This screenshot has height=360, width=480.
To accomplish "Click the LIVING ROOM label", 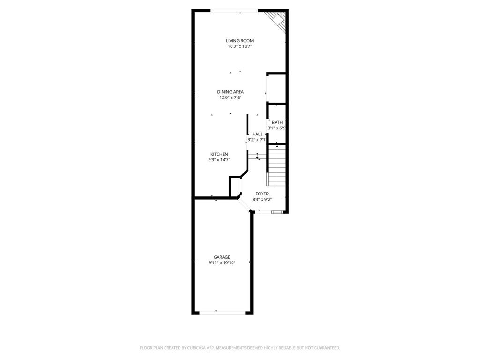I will coord(240,41).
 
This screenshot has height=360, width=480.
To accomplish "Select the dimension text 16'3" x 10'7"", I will coord(240,46).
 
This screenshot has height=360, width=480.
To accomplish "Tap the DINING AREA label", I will coord(230,92).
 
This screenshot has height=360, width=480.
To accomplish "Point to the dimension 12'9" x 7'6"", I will coord(230,97).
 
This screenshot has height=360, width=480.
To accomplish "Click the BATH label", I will coord(277,122).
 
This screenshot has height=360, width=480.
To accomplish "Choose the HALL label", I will coord(257,134).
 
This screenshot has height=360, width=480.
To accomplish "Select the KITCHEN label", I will coord(219,154).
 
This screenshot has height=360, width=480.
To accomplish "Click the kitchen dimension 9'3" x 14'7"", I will coord(219,160).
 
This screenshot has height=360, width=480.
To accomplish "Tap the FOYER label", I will coord(262,194).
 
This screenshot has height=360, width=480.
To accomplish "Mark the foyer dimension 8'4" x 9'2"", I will coord(262,199).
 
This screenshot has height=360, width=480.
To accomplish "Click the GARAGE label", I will coord(222,257).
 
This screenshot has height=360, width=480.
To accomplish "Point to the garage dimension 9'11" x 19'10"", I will coord(222,263).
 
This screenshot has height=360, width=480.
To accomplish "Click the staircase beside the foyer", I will coord(277,165).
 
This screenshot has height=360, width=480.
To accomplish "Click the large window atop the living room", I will coord(233,11).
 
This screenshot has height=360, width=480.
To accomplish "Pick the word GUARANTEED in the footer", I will coord(326,348).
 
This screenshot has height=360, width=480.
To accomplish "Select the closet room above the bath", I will coord(277,88).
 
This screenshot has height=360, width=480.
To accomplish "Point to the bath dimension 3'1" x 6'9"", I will coord(277,128).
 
